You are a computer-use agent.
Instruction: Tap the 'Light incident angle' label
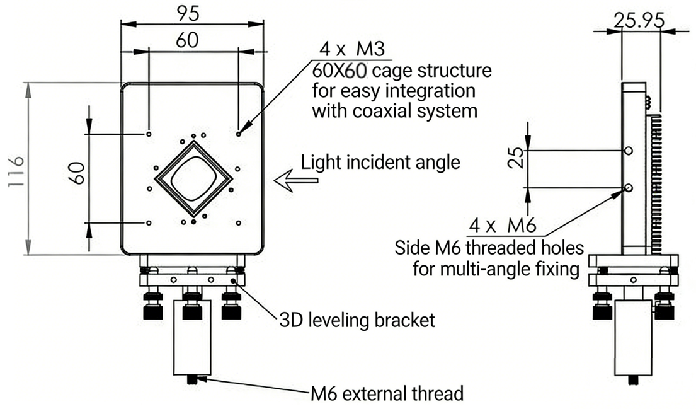[380, 162]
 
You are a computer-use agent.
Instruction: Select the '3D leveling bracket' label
[357, 320]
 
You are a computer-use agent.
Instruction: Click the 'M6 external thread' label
[387, 395]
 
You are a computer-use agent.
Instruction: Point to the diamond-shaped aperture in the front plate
[193, 179]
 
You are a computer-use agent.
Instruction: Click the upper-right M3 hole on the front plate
[238, 134]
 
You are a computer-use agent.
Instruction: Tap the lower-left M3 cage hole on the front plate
[148, 222]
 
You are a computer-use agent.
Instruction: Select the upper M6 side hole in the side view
[629, 151]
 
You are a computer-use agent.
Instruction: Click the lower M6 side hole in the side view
[629, 188]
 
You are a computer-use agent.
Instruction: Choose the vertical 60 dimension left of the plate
[77, 172]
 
